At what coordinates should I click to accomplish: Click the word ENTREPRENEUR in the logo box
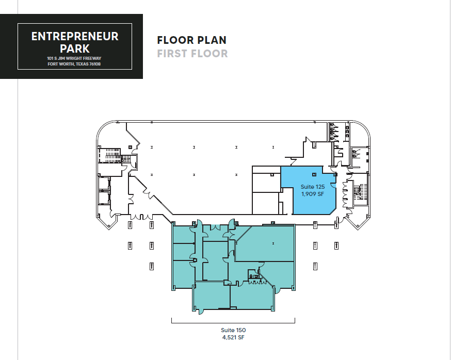coord(75,37)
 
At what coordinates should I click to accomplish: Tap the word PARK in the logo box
coord(75,49)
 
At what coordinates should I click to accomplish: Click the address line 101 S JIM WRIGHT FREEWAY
coord(74,59)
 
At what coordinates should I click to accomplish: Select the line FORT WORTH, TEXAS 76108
coord(74,64)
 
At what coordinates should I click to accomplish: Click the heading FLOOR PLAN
coord(191,40)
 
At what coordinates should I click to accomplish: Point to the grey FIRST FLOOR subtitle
coord(192,53)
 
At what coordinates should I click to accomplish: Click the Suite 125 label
coord(312,186)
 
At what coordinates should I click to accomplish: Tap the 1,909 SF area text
coord(312,194)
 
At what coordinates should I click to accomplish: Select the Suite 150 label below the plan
coord(233,330)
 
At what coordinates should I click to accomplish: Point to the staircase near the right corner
coord(359,192)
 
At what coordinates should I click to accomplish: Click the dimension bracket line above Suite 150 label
coord(233,322)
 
